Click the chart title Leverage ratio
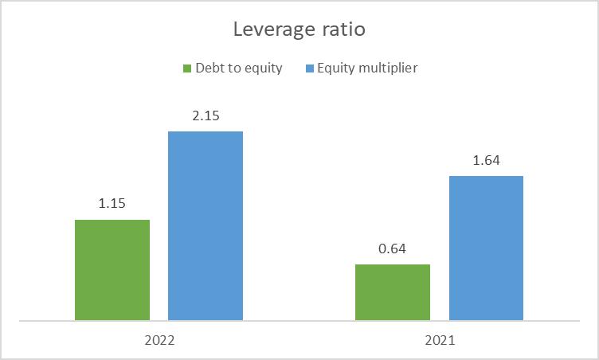click(x=299, y=30)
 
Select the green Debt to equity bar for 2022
click(x=112, y=270)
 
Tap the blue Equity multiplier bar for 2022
click(x=206, y=226)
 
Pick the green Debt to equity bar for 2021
click(x=393, y=292)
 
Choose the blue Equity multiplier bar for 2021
click(x=486, y=248)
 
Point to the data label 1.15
click(x=112, y=204)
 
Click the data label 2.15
click(x=206, y=115)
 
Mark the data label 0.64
click(x=393, y=248)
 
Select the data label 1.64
click(x=486, y=160)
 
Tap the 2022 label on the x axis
click(x=159, y=340)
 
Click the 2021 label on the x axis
click(x=440, y=340)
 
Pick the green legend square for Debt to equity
click(x=188, y=68)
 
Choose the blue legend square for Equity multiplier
click(x=310, y=68)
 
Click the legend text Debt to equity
click(x=239, y=68)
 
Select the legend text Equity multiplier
click(x=367, y=68)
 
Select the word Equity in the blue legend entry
click(x=335, y=68)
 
